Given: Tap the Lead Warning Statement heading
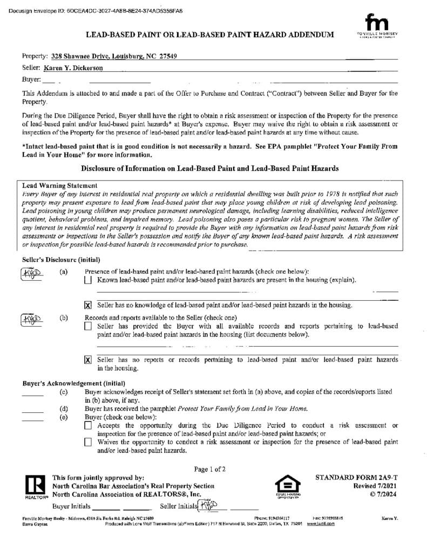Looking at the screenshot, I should [x=59, y=185].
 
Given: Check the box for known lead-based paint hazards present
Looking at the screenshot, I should [x=89, y=280].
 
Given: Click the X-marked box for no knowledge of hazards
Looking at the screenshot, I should [x=89, y=305].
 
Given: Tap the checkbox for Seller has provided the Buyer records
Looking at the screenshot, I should [x=89, y=326].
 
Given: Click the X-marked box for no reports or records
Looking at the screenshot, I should [x=89, y=360].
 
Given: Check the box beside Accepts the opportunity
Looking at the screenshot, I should [x=89, y=425].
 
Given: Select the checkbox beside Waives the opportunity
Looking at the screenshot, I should [x=89, y=442].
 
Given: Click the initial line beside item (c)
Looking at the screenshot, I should [x=32, y=394].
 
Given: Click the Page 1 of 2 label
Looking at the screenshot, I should [x=210, y=469].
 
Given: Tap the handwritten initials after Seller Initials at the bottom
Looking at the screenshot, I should [x=208, y=505].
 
